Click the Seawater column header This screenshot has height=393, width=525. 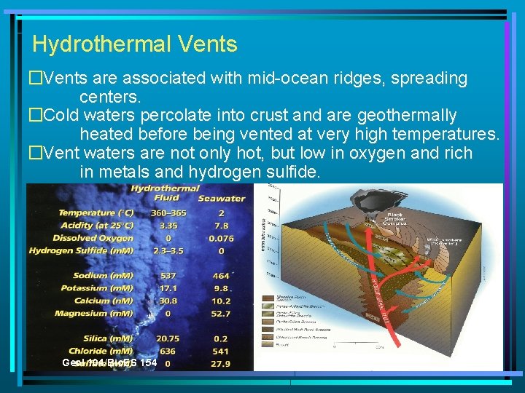pyautogui.click(x=221, y=198)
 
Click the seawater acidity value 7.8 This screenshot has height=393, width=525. pyautogui.click(x=221, y=226)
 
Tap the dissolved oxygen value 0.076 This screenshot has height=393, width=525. pyautogui.click(x=221, y=238)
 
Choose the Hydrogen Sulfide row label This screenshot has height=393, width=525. pyautogui.click(x=81, y=250)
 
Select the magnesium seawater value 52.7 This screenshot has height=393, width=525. pyautogui.click(x=221, y=313)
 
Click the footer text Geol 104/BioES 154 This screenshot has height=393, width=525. pyautogui.click(x=99, y=362)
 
